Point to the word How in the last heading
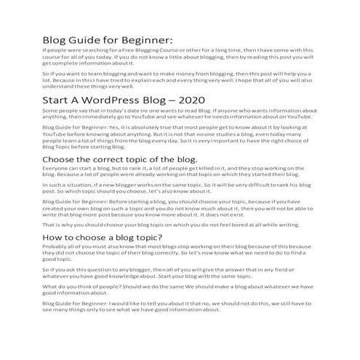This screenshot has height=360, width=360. [x=55, y=236]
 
